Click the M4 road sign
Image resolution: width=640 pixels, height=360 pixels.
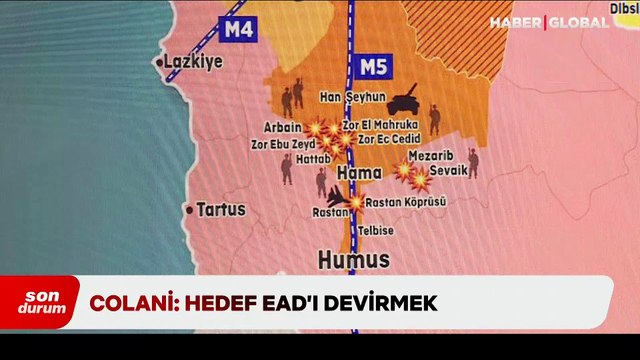238,28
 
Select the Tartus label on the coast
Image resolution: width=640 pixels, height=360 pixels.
220,210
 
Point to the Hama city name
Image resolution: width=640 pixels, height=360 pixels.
361,174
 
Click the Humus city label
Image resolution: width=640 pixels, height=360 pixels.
353,260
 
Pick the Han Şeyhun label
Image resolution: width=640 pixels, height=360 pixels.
351,96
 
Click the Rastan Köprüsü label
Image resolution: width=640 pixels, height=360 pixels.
405,202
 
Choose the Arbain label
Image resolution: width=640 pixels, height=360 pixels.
282,128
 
